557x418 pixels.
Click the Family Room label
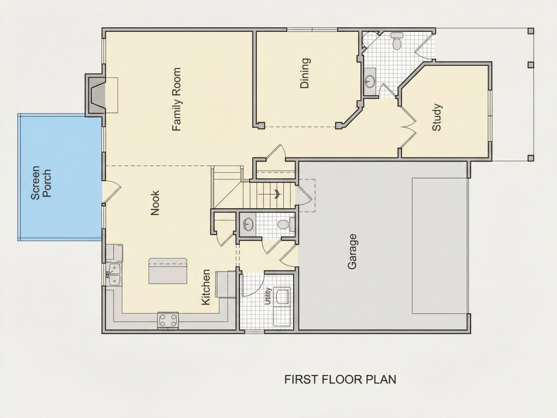tap(177, 99)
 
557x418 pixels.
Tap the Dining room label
tap(305, 73)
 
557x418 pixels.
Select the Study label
tap(436, 118)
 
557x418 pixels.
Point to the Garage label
tap(352, 251)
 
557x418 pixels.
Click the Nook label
tap(155, 203)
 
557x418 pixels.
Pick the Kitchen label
tap(206, 287)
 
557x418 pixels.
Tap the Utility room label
tap(268, 296)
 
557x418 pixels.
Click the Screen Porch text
tap(41, 183)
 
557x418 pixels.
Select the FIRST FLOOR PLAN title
tap(340, 379)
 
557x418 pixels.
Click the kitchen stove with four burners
tap(168, 320)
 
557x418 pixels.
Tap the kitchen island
tap(168, 271)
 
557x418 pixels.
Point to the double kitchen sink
tap(115, 275)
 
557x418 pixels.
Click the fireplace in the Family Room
tap(95, 95)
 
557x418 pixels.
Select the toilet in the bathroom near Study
tap(397, 41)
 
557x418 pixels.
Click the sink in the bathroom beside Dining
tap(370, 82)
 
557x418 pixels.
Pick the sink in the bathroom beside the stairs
tap(248, 224)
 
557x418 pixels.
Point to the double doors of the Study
tap(407, 127)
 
